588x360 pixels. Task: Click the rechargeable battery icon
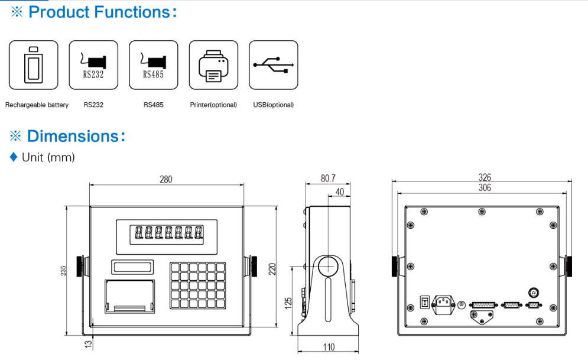coord(33,65)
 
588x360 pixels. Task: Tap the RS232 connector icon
coord(93,65)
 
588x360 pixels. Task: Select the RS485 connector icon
coord(153,65)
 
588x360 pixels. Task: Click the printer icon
coord(213,65)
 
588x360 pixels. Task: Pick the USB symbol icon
coord(273,65)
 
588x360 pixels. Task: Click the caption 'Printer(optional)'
coord(213,105)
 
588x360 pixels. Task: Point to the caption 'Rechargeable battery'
coord(37,105)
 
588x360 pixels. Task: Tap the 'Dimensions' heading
coord(76,137)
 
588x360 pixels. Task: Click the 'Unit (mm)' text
coord(48,157)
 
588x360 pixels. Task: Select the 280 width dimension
coord(166,179)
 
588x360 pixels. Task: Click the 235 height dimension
coord(63,270)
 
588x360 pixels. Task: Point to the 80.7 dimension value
coord(328,177)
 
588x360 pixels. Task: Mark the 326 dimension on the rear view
coord(485,177)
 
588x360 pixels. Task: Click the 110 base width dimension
coord(329,347)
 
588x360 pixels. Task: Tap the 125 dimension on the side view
coord(288,302)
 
